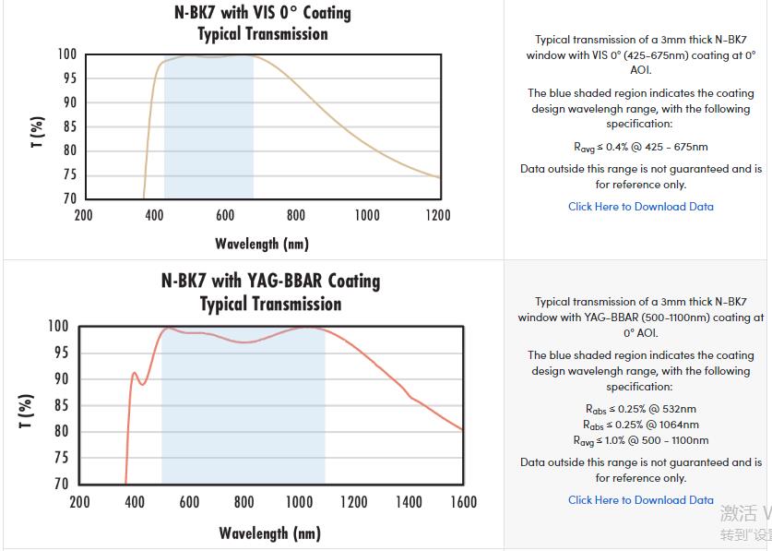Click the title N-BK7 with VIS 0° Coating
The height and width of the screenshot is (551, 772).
tap(263, 13)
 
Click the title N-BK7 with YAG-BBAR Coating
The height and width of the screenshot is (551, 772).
tap(270, 281)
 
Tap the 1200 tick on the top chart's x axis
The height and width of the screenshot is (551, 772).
tap(438, 215)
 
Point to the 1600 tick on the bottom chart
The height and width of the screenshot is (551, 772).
tap(463, 502)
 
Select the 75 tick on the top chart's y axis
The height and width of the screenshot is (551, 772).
tap(69, 174)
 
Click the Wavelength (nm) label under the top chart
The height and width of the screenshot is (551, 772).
tap(262, 244)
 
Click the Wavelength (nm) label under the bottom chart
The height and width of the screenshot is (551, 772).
tap(269, 533)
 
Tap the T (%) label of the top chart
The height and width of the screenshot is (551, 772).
tap(38, 132)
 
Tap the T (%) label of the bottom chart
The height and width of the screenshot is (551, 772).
tap(27, 411)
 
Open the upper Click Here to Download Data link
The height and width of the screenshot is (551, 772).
tap(641, 207)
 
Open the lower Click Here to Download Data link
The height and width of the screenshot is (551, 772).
tap(641, 500)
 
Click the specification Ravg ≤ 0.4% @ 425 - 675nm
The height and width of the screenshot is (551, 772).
tap(641, 147)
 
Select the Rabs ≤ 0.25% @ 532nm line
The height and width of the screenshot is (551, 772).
tap(641, 409)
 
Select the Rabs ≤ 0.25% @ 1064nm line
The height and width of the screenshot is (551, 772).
tap(641, 425)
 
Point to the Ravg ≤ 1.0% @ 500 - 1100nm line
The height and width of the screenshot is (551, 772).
tap(641, 440)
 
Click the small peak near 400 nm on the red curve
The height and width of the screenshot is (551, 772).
tap(135, 373)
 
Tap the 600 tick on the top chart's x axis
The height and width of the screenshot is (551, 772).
tap(225, 215)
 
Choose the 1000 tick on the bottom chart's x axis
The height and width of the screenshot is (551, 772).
tap(299, 502)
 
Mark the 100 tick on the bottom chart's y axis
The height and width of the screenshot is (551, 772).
tap(57, 326)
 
